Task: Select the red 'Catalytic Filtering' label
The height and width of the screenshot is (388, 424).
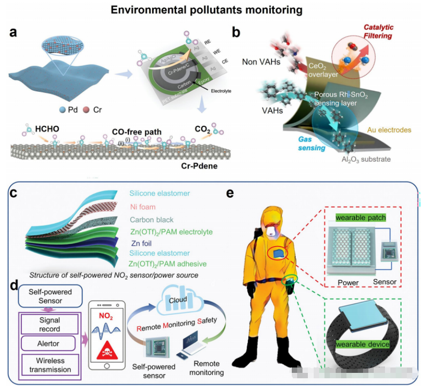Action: [x=378, y=31]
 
